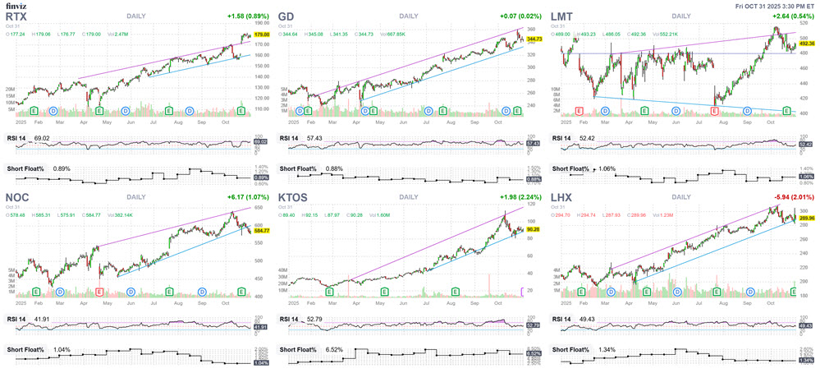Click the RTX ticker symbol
click(x=16, y=16)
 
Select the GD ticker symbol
click(x=288, y=16)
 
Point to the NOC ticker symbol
click(x=18, y=198)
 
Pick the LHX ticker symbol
click(x=564, y=198)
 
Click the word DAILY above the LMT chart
click(x=681, y=16)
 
